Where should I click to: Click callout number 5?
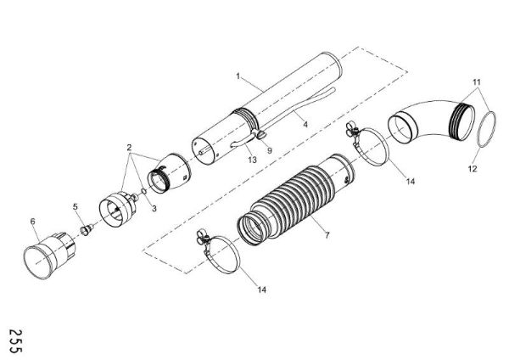[75, 205]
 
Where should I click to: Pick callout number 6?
[33, 222]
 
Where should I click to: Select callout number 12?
[473, 169]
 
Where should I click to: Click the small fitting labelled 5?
[87, 228]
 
